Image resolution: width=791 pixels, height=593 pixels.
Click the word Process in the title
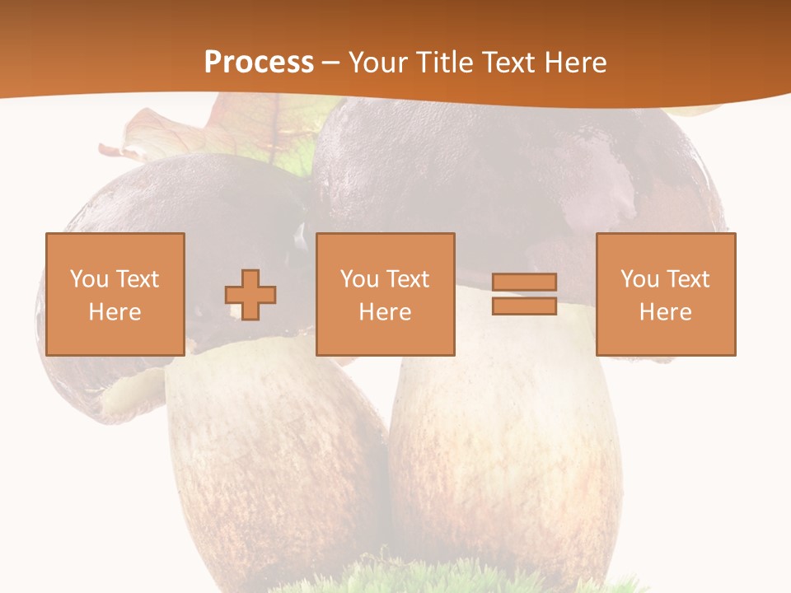pos(259,63)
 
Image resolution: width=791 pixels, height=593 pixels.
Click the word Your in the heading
pos(378,63)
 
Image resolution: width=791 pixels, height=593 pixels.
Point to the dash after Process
pos(330,63)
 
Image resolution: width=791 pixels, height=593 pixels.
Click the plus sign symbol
pos(250,295)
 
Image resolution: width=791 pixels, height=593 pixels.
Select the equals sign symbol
pos(524,294)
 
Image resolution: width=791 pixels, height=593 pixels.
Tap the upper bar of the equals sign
pos(524,282)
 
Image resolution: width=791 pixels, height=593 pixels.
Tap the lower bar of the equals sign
pos(524,306)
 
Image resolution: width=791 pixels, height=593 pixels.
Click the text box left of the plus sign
pos(115,294)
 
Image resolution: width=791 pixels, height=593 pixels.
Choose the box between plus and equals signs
pos(385,294)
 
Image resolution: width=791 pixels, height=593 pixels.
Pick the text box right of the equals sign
pos(665,294)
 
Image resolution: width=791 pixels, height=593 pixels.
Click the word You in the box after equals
pos(639,280)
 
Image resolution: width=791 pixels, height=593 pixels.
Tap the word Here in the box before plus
pos(115,312)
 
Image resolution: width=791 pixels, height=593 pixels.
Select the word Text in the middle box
pos(408,280)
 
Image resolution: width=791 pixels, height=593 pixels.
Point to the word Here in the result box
pos(665,312)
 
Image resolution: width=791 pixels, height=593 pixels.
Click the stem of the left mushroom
pos(272,461)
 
